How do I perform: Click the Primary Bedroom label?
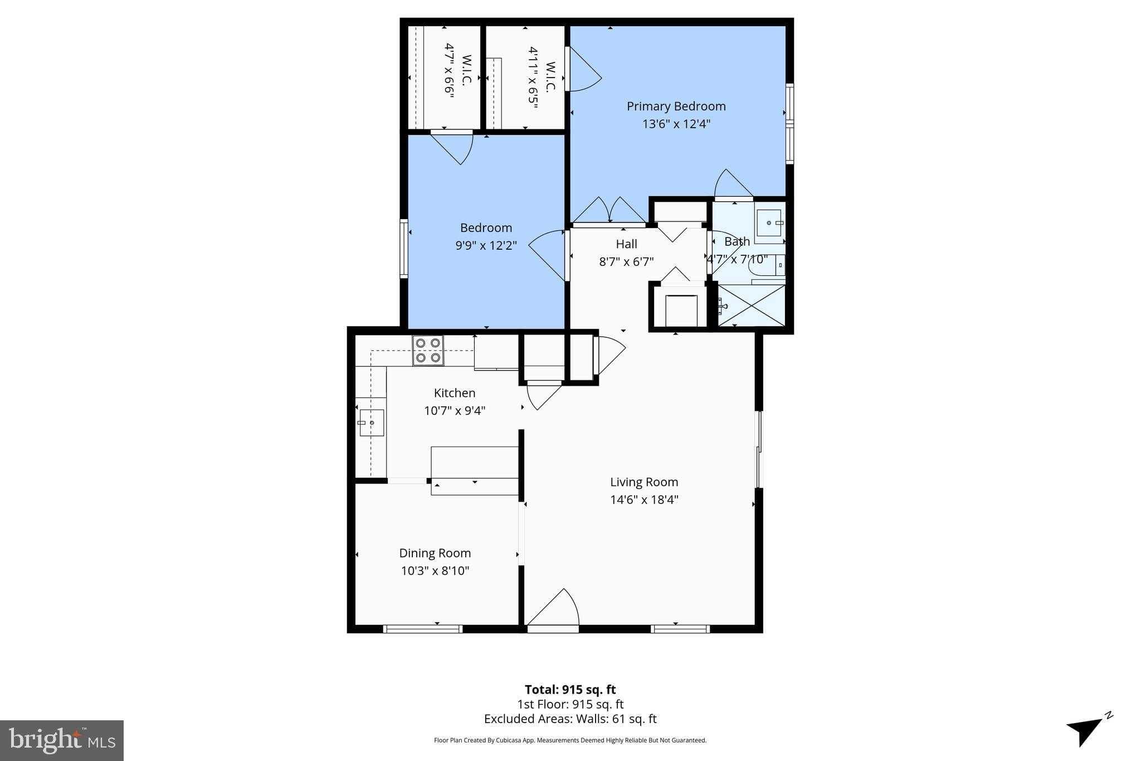[676, 106]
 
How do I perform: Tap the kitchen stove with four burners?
[428, 351]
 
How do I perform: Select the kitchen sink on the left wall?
[372, 423]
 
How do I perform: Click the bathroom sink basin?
[769, 222]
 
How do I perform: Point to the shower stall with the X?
[752, 306]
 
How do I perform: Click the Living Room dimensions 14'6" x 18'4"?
[644, 500]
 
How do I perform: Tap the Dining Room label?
[435, 553]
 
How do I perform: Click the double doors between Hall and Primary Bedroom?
[610, 212]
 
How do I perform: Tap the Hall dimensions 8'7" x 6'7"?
[626, 261]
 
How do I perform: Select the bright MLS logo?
[62, 740]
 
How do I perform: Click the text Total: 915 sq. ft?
[570, 690]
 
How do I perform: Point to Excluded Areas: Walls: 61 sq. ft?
[570, 719]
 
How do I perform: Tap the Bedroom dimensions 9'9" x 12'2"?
[486, 245]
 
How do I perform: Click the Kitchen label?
[455, 392]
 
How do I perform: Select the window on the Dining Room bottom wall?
[423, 629]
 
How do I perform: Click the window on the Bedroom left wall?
[404, 249]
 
